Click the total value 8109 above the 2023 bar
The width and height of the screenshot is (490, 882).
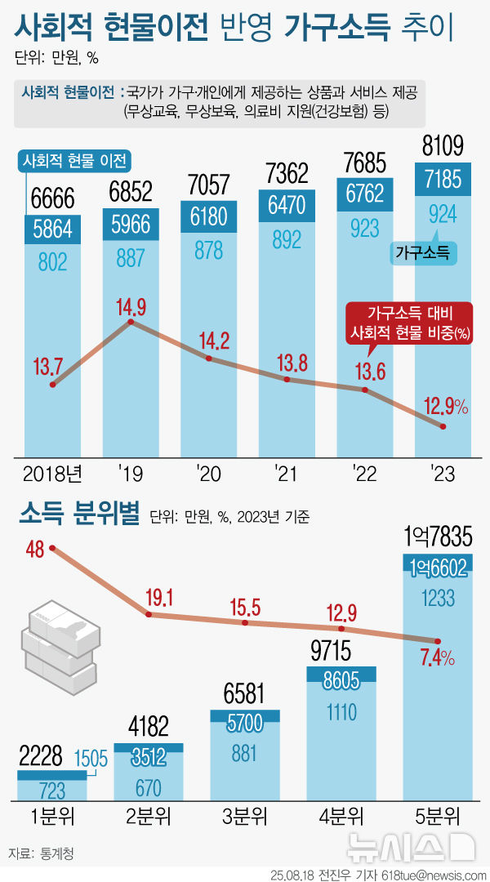point(443,147)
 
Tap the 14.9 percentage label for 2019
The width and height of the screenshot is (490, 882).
point(131,307)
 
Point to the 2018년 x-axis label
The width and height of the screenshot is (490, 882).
point(52,474)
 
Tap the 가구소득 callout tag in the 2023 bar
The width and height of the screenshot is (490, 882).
point(425,254)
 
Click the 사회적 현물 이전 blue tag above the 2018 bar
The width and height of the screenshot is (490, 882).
point(76,161)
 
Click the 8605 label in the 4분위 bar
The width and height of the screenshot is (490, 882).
point(341,680)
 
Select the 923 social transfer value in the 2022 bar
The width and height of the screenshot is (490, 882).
point(365,225)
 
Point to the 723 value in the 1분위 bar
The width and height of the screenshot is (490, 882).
point(52,790)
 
